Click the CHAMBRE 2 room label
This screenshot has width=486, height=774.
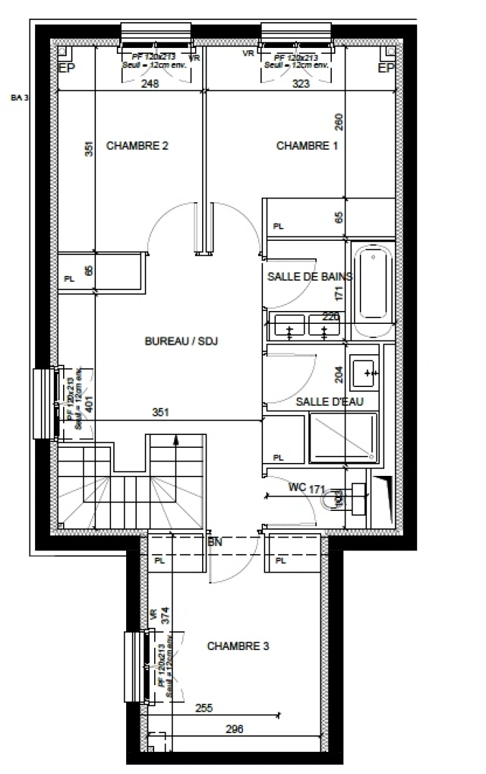[x=137, y=145]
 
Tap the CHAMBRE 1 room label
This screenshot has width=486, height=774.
[x=307, y=145]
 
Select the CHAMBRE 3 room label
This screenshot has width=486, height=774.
[x=238, y=646]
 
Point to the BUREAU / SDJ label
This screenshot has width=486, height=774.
[x=181, y=342]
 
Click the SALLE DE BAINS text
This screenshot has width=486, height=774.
[x=310, y=277]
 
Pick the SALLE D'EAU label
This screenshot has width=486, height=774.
[x=330, y=402]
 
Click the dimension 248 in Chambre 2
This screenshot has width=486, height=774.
[x=149, y=84]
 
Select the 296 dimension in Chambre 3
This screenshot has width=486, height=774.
[x=234, y=730]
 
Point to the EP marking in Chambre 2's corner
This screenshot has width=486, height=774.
[x=66, y=69]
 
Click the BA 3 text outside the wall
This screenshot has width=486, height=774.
[x=19, y=98]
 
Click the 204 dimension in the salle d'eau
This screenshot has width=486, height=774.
[x=339, y=374]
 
